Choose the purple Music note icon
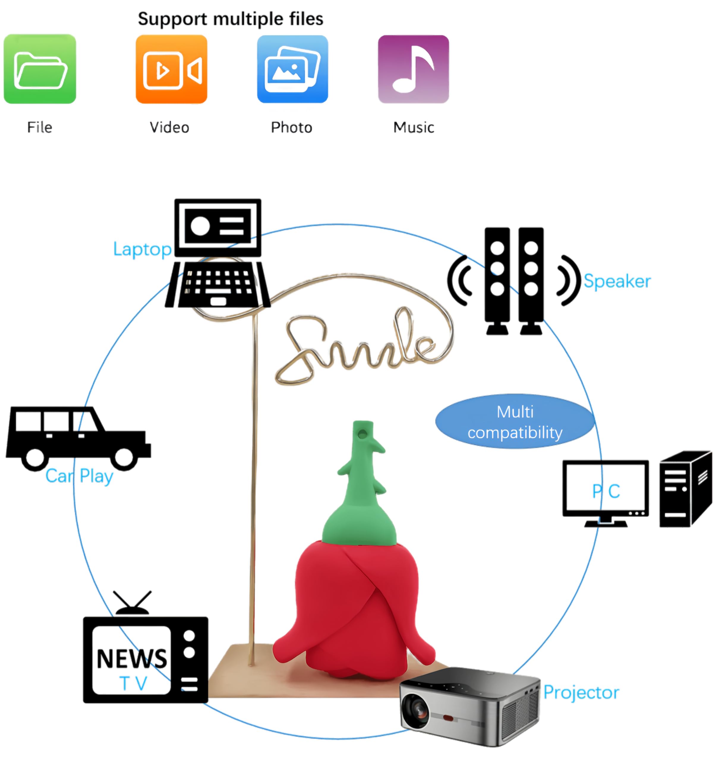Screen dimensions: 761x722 click(x=413, y=69)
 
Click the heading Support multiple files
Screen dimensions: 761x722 click(x=230, y=19)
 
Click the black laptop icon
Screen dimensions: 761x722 click(x=218, y=254)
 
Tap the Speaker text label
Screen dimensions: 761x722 click(x=617, y=281)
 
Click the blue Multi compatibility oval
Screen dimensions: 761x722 click(x=515, y=422)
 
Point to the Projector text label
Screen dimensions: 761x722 click(x=581, y=692)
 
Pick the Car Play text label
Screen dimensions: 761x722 click(x=79, y=477)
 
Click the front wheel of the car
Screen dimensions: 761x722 click(x=124, y=457)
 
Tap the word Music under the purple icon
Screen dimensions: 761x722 click(x=413, y=128)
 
